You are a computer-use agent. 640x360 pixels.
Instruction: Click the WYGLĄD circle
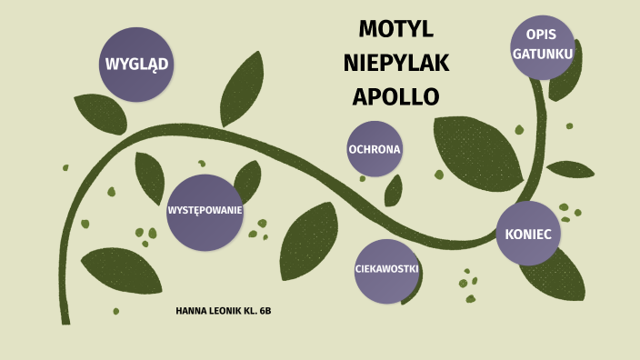coord(138,64)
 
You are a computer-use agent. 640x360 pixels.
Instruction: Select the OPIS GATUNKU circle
coord(543,46)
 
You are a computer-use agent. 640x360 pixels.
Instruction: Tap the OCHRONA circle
coord(375,148)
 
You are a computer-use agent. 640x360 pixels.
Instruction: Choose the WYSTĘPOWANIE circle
coord(205,212)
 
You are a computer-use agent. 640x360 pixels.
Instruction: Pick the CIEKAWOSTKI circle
coord(386,271)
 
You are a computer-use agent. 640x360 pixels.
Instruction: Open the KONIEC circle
coord(528,234)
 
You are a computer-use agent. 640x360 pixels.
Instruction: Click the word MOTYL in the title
coord(395,29)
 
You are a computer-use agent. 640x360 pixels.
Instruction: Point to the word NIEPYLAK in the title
coord(396,63)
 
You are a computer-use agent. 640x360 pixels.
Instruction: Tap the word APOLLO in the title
coord(395,96)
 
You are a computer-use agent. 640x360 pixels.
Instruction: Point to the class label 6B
coord(265,312)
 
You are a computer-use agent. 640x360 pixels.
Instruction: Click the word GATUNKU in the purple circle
coord(543,55)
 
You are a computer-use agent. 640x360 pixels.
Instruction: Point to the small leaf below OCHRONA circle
coord(394,191)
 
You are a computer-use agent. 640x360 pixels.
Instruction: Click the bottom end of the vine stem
coord(65,318)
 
